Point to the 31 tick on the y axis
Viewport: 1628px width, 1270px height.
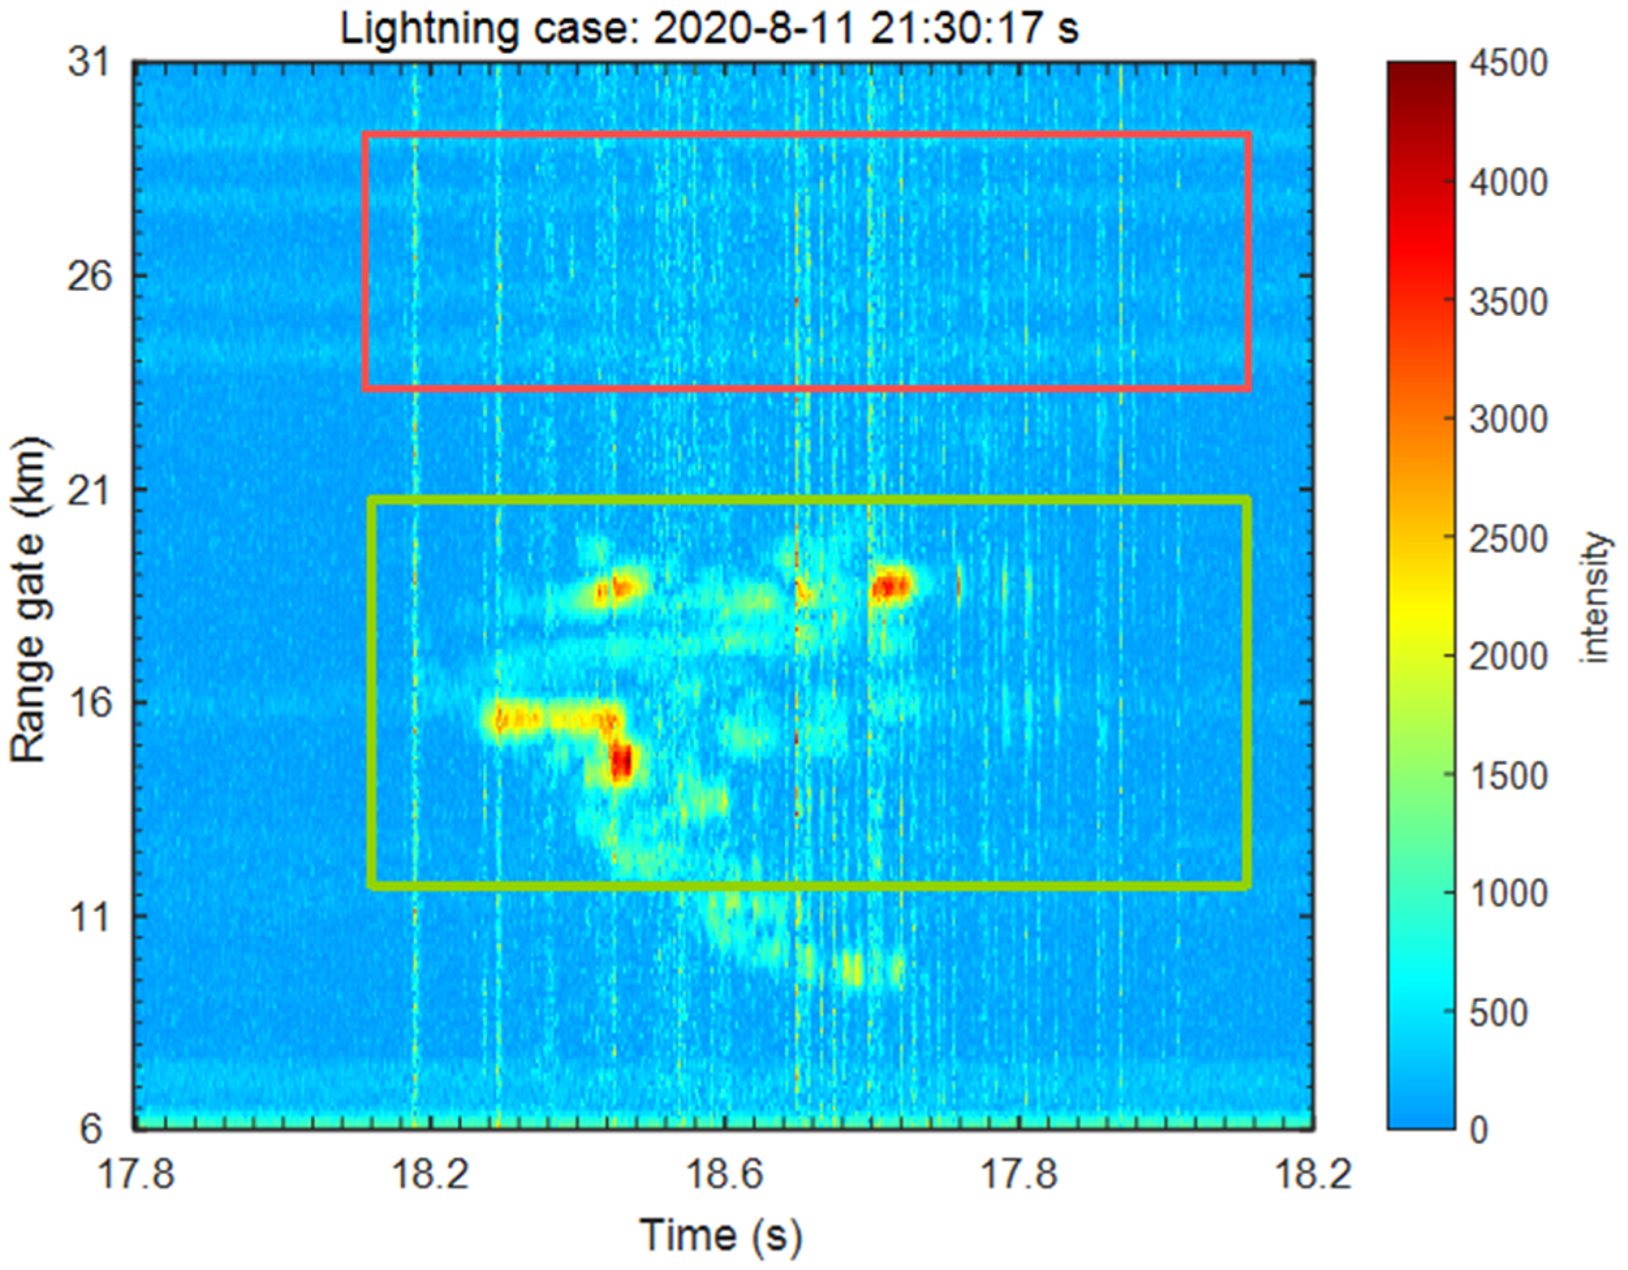pyautogui.click(x=89, y=62)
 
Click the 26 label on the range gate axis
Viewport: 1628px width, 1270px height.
pyautogui.click(x=89, y=277)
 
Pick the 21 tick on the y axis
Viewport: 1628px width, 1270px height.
pyautogui.click(x=89, y=490)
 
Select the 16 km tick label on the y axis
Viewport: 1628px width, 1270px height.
pyautogui.click(x=89, y=703)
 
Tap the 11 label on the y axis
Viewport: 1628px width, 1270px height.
pyautogui.click(x=89, y=916)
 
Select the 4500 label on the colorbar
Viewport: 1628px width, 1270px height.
pyautogui.click(x=1508, y=63)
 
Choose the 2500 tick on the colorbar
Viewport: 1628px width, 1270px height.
pyautogui.click(x=1508, y=538)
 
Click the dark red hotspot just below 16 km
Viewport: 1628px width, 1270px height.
pyautogui.click(x=621, y=762)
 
